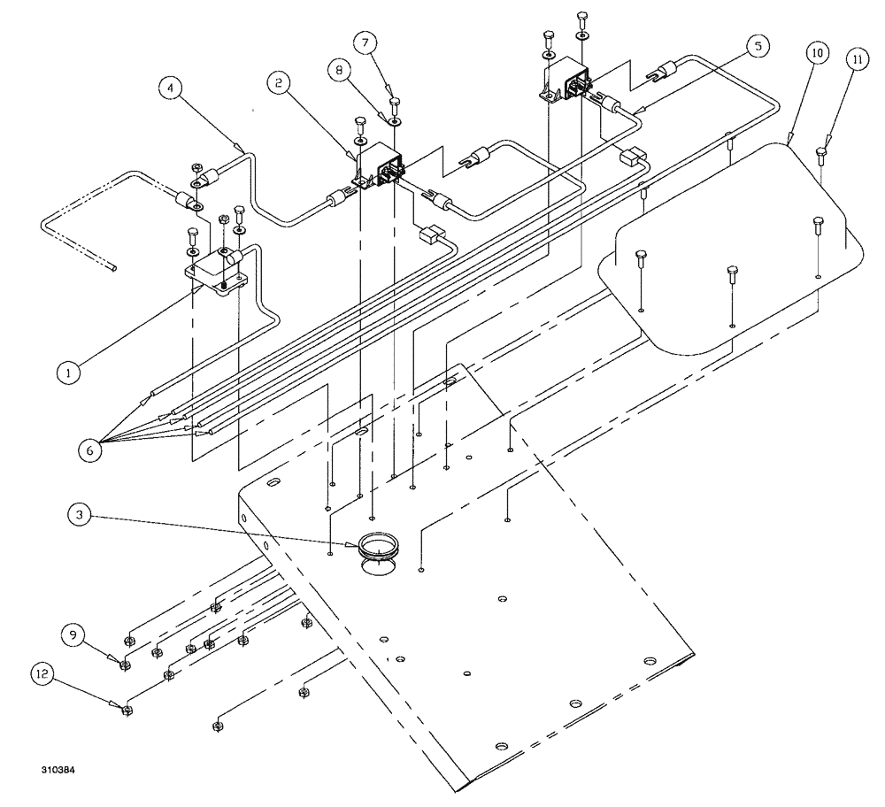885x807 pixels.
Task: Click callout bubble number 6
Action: (90, 448)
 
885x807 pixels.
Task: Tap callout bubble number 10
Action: (816, 53)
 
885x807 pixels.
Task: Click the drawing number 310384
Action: (58, 771)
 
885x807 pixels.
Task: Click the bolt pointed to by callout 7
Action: (395, 104)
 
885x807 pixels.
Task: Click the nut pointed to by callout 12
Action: (127, 709)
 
